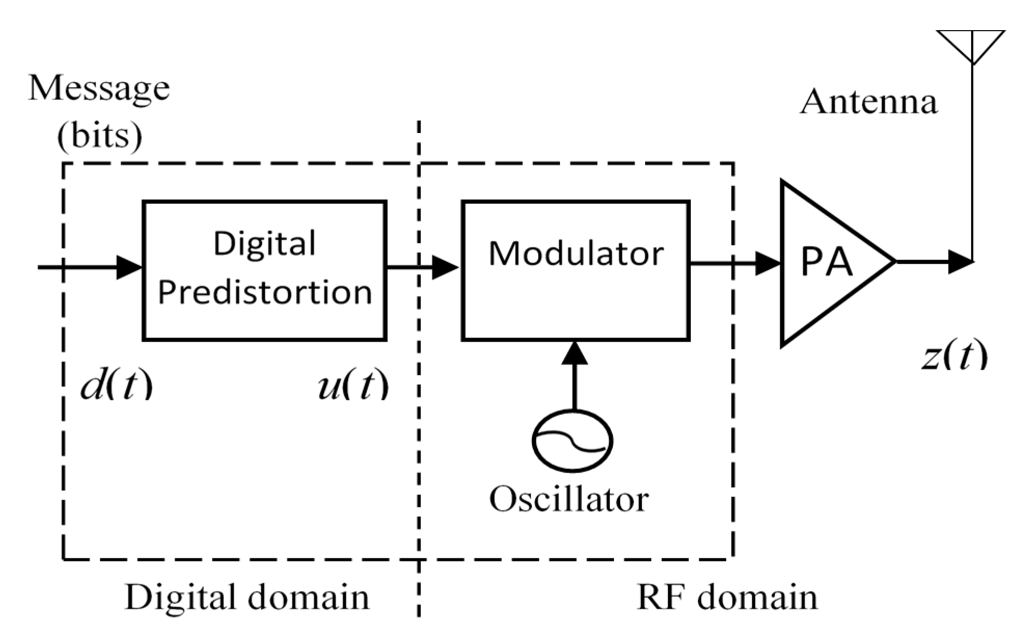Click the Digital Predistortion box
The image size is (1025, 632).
click(265, 270)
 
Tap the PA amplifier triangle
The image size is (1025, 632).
click(825, 263)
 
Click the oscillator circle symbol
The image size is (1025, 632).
click(572, 441)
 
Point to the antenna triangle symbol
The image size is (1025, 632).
click(971, 45)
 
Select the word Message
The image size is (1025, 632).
click(99, 88)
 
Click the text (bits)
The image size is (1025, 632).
click(100, 136)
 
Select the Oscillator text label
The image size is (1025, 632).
click(569, 500)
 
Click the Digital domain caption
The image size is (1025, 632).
click(247, 597)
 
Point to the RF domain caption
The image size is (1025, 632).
click(727, 597)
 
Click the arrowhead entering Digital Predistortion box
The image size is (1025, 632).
click(130, 267)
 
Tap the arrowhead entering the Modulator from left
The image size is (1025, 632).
click(445, 267)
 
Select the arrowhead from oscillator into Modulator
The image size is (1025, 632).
click(575, 353)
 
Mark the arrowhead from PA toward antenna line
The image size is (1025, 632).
click(960, 262)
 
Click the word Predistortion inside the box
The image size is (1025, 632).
click(265, 292)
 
